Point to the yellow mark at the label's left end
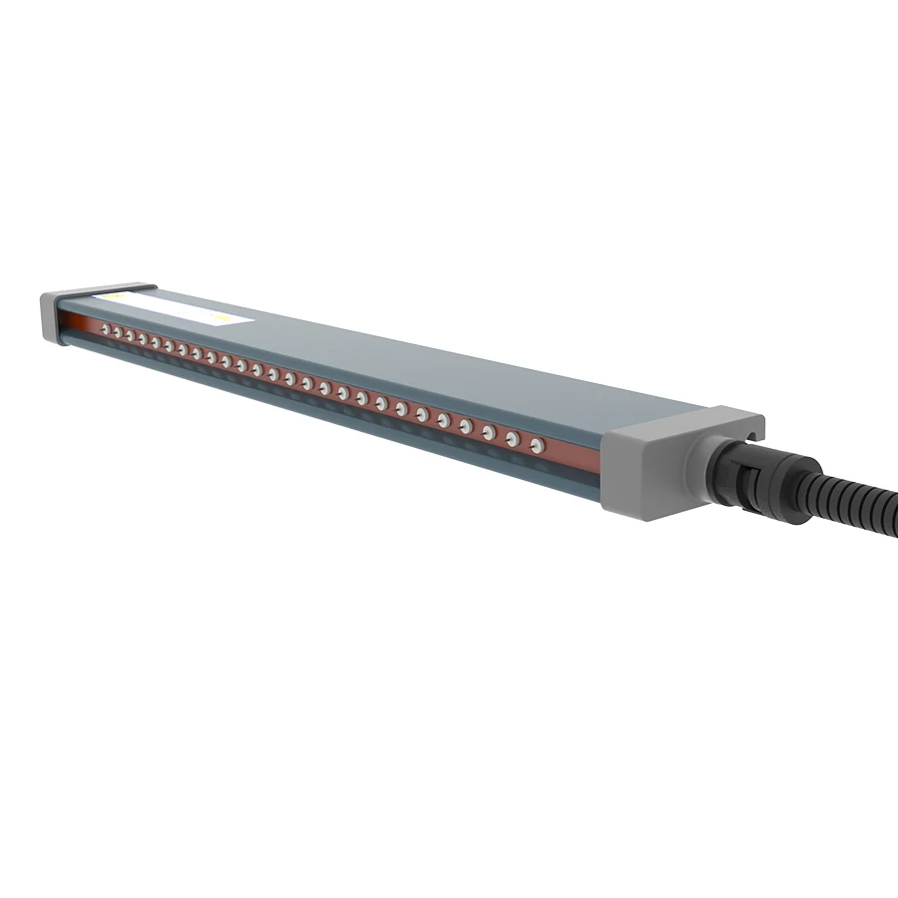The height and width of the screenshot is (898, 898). click(116, 296)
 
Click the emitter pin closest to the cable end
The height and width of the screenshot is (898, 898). click(536, 443)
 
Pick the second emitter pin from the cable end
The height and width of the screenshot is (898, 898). click(512, 437)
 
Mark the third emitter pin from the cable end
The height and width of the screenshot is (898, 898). click(488, 431)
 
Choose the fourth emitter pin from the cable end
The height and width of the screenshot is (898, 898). click(465, 425)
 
